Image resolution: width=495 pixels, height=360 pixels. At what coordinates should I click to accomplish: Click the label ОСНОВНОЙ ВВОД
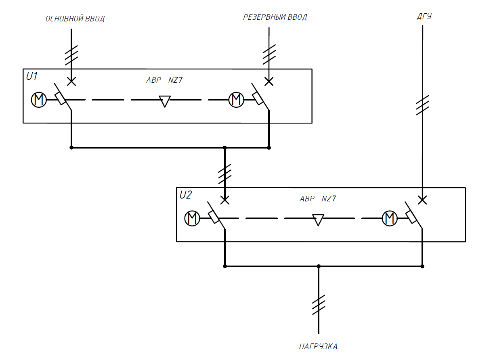click(75, 19)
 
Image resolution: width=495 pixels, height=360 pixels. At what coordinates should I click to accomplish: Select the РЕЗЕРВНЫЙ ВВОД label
click(275, 17)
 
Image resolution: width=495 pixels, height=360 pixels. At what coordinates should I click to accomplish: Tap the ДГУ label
click(424, 17)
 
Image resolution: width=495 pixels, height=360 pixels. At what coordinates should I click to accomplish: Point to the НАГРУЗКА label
click(318, 347)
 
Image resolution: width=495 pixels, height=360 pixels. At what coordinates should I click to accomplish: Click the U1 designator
click(32, 76)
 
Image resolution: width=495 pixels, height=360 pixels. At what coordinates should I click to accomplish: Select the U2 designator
click(186, 195)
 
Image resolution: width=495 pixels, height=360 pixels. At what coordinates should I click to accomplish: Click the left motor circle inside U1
click(39, 100)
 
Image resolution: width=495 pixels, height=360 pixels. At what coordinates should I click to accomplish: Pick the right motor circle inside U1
click(236, 100)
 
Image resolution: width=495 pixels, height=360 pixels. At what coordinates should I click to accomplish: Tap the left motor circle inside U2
click(192, 218)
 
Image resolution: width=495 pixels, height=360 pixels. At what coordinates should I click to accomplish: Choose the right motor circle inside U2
click(390, 218)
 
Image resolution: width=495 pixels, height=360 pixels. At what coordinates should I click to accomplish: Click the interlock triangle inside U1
click(165, 101)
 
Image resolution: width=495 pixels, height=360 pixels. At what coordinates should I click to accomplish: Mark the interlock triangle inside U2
click(318, 220)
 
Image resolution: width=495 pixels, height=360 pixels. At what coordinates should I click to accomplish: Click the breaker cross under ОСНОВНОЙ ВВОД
click(71, 81)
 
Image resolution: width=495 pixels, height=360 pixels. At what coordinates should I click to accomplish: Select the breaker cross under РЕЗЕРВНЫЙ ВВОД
click(269, 81)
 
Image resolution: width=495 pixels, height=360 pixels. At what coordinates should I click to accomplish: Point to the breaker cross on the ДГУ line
click(422, 200)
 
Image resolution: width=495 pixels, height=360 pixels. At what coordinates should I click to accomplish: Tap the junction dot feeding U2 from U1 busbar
click(225, 148)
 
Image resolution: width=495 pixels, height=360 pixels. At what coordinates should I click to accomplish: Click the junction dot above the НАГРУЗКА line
click(319, 266)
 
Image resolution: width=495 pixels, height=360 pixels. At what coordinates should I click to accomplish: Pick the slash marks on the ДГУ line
click(422, 105)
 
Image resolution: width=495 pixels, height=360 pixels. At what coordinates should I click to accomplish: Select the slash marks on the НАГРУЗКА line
click(319, 305)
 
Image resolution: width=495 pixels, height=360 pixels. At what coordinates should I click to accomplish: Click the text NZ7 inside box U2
click(329, 199)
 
